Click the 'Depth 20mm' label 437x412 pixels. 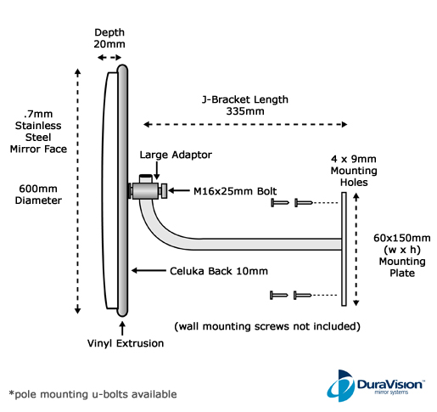click(109, 38)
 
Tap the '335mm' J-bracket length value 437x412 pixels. click(245, 111)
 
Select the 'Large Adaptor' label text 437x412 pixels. click(176, 155)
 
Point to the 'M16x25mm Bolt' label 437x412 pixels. click(235, 191)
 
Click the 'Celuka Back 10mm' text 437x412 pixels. click(219, 271)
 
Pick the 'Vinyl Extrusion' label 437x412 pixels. click(126, 343)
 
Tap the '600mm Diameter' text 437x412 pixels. click(38, 195)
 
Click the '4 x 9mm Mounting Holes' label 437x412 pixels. click(354, 171)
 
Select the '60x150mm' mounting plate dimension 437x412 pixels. click(402, 238)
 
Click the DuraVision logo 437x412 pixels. click(375, 386)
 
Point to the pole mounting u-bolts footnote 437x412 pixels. click(92, 394)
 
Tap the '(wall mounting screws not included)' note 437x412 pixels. click(267, 326)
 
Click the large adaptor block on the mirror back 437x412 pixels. click(145, 190)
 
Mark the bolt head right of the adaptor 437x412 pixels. click(163, 190)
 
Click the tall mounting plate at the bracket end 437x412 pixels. click(344, 249)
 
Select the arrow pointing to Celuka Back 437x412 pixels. click(148, 271)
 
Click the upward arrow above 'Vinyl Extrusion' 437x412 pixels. click(122, 328)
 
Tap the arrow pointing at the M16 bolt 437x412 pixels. click(179, 190)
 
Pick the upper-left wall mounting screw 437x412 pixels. click(280, 202)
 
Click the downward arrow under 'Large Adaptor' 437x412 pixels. click(157, 171)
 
